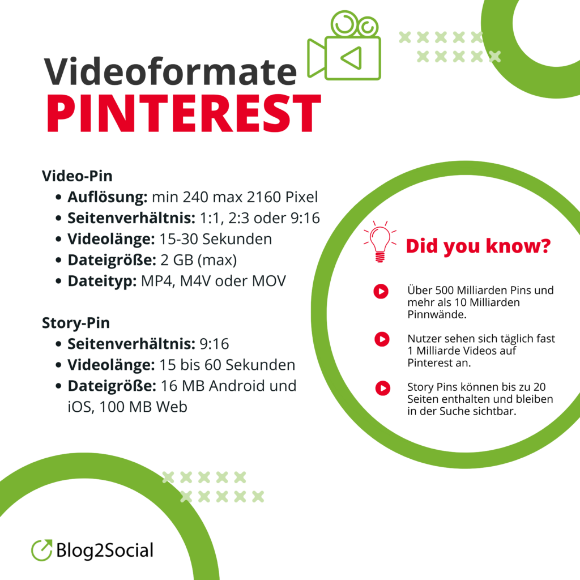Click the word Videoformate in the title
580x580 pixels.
point(170,72)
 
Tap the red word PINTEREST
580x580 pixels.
point(183,113)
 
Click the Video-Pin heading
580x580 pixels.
point(77,176)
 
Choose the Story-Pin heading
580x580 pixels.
point(76,323)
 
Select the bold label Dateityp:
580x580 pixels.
point(99,281)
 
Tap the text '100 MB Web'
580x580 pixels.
point(144,407)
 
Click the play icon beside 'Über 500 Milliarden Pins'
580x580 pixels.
point(381,291)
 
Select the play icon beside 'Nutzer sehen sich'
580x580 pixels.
point(382,339)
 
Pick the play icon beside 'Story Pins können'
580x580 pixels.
point(383,389)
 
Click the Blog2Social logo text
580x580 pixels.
point(105,550)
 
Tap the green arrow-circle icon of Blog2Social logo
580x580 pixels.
point(42,549)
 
